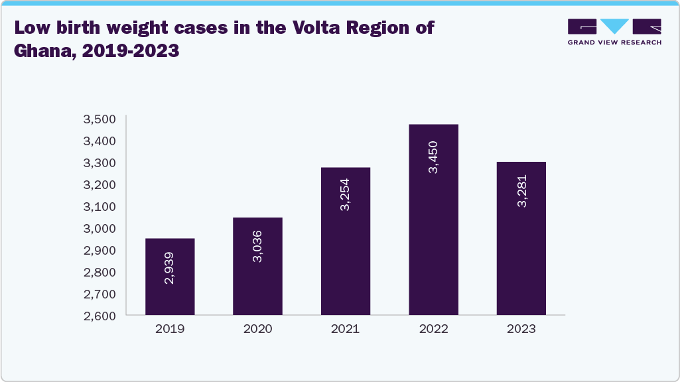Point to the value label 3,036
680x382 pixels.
tap(257, 247)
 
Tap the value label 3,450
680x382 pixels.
tap(433, 158)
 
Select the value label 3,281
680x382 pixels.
tap(522, 192)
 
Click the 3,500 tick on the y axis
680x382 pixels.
tap(100, 119)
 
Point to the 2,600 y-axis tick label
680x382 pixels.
tap(100, 316)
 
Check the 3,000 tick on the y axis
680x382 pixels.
tap(100, 228)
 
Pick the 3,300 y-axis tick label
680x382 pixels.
tap(100, 162)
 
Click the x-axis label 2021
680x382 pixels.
tap(346, 329)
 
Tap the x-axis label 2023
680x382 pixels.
tap(521, 329)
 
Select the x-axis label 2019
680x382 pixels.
tap(170, 329)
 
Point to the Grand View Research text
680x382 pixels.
tap(614, 42)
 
